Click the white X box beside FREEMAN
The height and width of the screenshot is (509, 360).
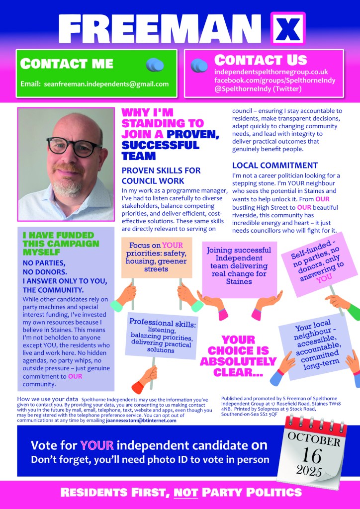click(x=287, y=29)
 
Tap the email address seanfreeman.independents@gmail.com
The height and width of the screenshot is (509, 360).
click(x=106, y=84)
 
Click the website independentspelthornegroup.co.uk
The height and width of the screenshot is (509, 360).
click(x=271, y=72)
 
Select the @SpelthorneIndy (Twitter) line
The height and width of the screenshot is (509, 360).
click(x=258, y=88)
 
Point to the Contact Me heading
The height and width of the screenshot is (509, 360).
click(x=67, y=64)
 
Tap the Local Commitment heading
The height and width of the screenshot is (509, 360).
click(x=275, y=166)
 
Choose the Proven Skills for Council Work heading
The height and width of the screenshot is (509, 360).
click(x=161, y=175)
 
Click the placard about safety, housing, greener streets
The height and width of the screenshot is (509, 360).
click(x=156, y=257)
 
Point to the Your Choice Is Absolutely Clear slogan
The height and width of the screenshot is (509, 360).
click(x=238, y=355)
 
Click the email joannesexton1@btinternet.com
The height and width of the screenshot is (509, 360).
click(x=141, y=421)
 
